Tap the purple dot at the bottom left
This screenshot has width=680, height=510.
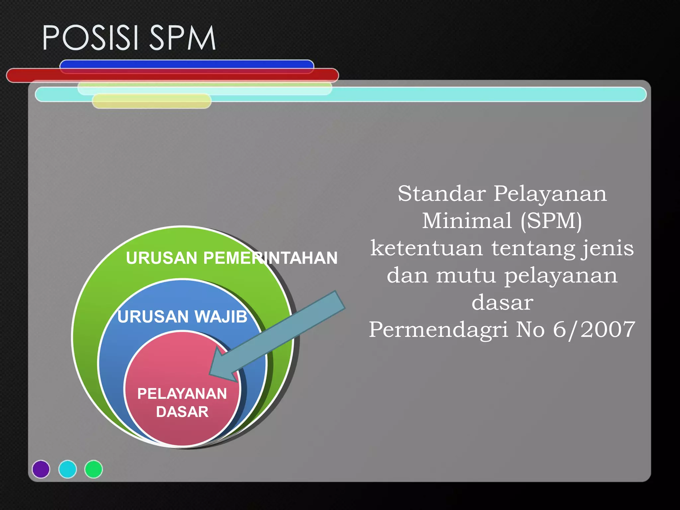pyautogui.click(x=41, y=469)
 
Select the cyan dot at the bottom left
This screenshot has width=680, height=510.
pyautogui.click(x=67, y=469)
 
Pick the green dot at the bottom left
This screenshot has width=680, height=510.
pyautogui.click(x=94, y=469)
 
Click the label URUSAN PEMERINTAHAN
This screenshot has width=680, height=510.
pyautogui.click(x=231, y=258)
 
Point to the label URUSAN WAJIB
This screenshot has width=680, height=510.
pyautogui.click(x=182, y=316)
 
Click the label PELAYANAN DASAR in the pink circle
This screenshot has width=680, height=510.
pyautogui.click(x=182, y=402)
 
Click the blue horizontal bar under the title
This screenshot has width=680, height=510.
pyautogui.click(x=187, y=64)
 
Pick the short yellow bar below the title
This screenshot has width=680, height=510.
pyautogui.click(x=152, y=101)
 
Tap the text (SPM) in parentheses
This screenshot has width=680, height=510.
pyautogui.click(x=551, y=221)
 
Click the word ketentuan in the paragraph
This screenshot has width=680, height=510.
pyautogui.click(x=427, y=248)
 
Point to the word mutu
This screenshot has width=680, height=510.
pyautogui.click(x=466, y=275)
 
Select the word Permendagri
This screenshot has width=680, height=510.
pyautogui.click(x=438, y=330)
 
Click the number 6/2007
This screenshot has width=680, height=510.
pyautogui.click(x=594, y=330)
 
